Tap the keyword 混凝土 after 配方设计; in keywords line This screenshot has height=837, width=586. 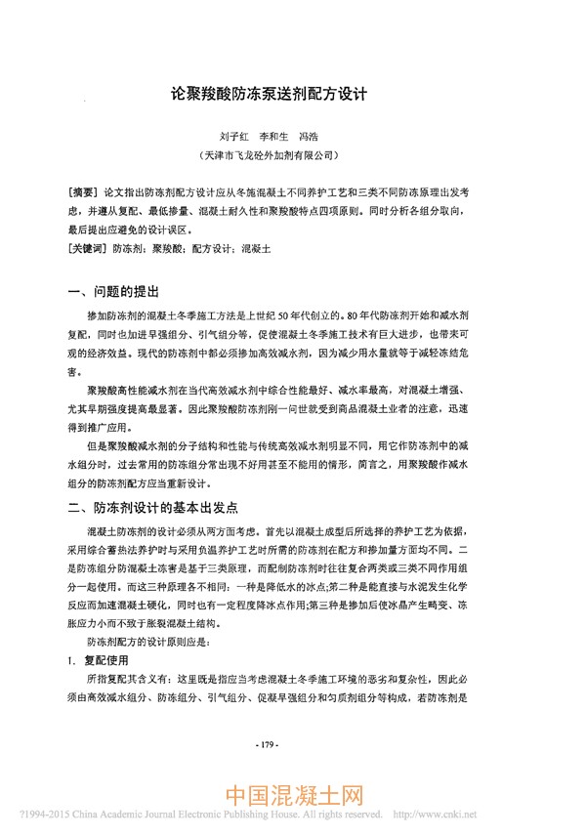pyautogui.click(x=255, y=249)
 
